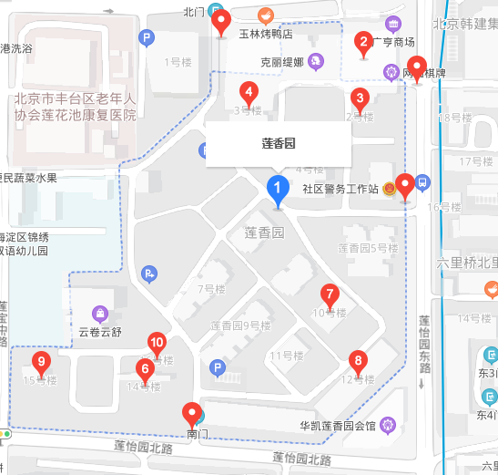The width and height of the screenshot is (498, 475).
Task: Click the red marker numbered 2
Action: click(363, 41)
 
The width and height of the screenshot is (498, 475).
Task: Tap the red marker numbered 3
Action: click(360, 98)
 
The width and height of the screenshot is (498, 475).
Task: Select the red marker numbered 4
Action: click(247, 91)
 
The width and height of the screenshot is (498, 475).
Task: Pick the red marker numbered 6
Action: click(144, 369)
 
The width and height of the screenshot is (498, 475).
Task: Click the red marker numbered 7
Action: click(330, 294)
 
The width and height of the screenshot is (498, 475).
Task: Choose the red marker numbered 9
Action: click(40, 362)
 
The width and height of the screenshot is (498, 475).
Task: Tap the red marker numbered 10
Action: click(157, 343)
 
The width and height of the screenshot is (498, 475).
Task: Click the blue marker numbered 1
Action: click(278, 188)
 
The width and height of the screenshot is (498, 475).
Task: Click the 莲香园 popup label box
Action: click(278, 144)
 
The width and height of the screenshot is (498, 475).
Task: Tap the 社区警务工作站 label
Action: click(340, 189)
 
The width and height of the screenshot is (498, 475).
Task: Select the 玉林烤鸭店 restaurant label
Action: click(265, 34)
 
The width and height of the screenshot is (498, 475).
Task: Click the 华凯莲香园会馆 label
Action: click(338, 425)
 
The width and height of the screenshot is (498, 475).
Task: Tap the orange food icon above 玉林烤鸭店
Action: click(265, 15)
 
